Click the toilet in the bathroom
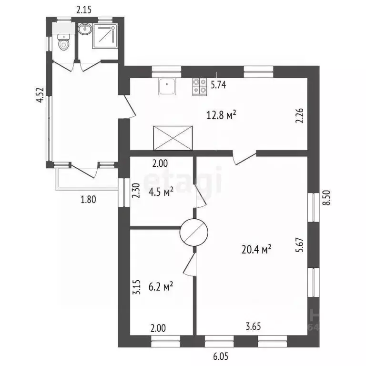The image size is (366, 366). pyautogui.click(x=63, y=44)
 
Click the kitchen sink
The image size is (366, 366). pyautogui.click(x=167, y=86)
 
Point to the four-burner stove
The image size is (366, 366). pyautogui.click(x=199, y=87)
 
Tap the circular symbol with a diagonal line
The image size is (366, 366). pyautogui.click(x=194, y=232)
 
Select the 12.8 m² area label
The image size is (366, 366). pyautogui.click(x=222, y=115)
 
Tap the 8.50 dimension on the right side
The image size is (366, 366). pyautogui.click(x=326, y=196)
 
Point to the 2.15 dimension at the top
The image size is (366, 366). pyautogui.click(x=85, y=8)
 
